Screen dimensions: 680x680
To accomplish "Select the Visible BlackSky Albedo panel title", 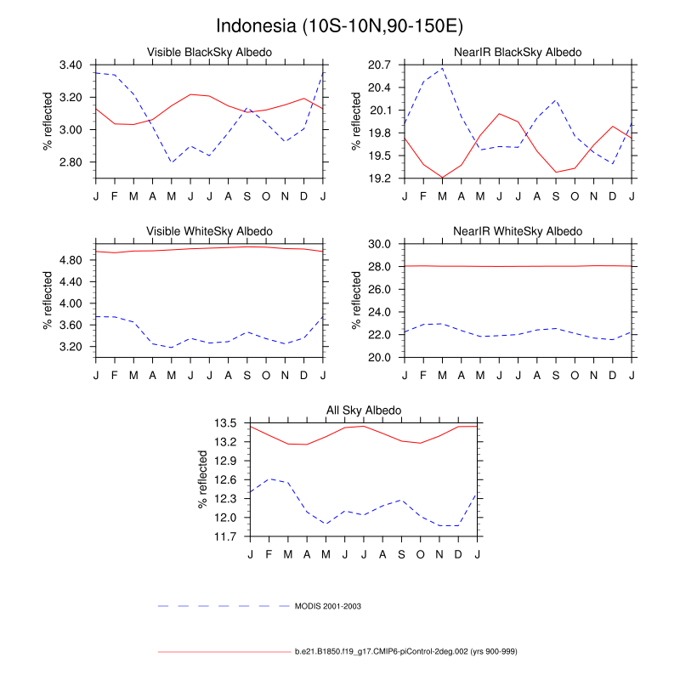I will (x=210, y=53).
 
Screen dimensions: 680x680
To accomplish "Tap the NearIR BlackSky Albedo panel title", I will (x=518, y=53).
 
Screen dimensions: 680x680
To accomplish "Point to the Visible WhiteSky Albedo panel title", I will (x=210, y=231).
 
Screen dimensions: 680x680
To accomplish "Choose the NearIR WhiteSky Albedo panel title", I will (x=518, y=231).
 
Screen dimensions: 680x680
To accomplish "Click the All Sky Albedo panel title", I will (x=364, y=411).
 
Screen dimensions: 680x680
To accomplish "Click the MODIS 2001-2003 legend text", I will (x=335, y=606).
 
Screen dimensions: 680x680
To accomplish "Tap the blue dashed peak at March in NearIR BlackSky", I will (x=442, y=68).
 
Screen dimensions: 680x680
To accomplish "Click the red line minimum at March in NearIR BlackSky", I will (x=442, y=178).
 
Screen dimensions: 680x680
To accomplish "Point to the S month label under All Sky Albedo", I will (x=401, y=555).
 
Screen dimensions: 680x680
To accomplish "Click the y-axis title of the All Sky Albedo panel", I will (x=204, y=480).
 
